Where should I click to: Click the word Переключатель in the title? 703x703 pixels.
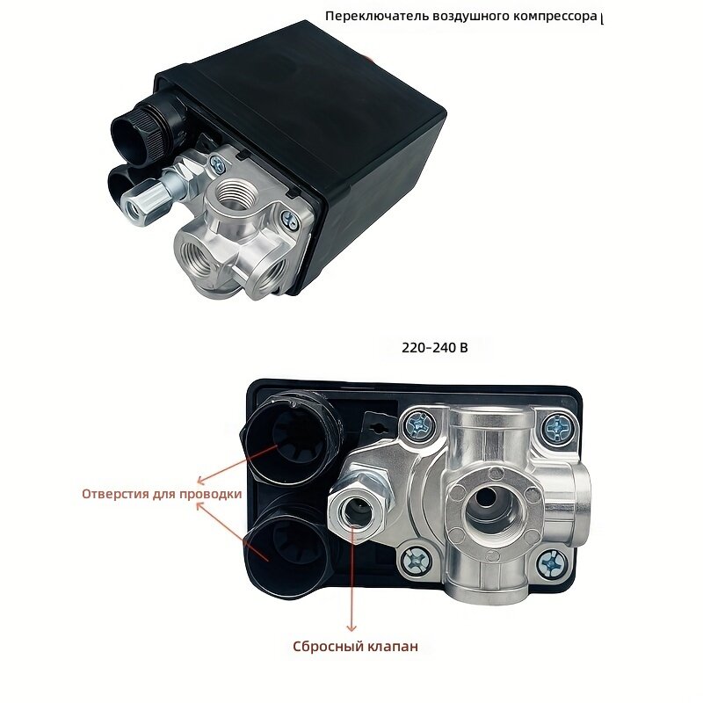point(377,17)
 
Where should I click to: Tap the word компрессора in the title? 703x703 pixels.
point(555,17)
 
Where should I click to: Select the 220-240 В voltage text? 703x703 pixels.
point(434,348)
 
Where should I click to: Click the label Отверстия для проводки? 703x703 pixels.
point(162,494)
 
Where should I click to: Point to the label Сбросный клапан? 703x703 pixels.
point(355,647)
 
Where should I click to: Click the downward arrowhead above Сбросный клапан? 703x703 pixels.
point(351,627)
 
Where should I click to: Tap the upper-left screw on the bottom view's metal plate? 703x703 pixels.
point(418,426)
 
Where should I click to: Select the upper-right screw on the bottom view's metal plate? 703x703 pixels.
point(557,427)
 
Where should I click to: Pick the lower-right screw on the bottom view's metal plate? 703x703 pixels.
point(551,564)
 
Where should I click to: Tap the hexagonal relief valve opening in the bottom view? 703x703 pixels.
point(358,512)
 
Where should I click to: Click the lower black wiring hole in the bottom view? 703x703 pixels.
point(286,553)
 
